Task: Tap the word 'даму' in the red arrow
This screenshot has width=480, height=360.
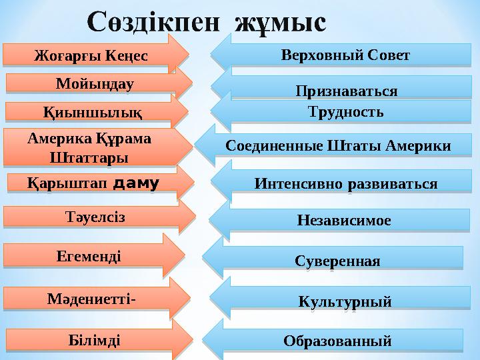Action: [x=137, y=181]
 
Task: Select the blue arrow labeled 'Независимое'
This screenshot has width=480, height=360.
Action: [x=343, y=219]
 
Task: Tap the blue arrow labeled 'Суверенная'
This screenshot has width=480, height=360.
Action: [x=337, y=260]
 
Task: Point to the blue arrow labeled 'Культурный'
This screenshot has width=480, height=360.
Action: [x=344, y=302]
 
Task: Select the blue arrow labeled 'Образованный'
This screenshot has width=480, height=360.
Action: [x=337, y=341]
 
